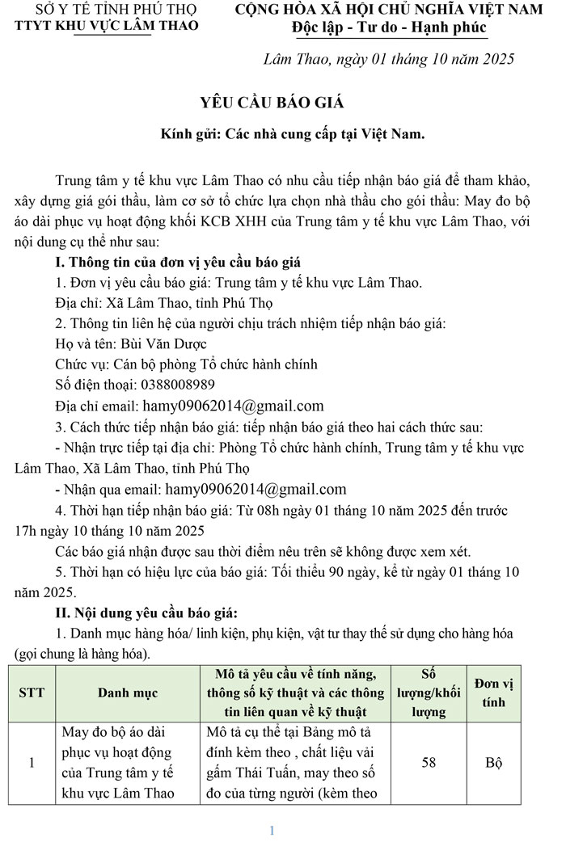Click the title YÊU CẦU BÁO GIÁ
(272, 102)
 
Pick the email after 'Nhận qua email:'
(256, 489)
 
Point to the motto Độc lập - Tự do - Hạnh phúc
(390, 28)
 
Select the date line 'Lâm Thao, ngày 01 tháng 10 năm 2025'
(389, 60)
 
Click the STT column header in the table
(32, 693)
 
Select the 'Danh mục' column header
(128, 693)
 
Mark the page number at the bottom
(272, 830)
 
